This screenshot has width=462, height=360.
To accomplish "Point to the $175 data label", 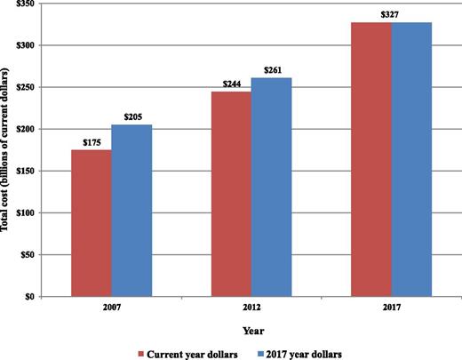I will [91, 142].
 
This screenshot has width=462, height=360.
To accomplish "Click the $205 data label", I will [132, 117].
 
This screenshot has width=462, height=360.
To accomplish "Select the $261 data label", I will [272, 70].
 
